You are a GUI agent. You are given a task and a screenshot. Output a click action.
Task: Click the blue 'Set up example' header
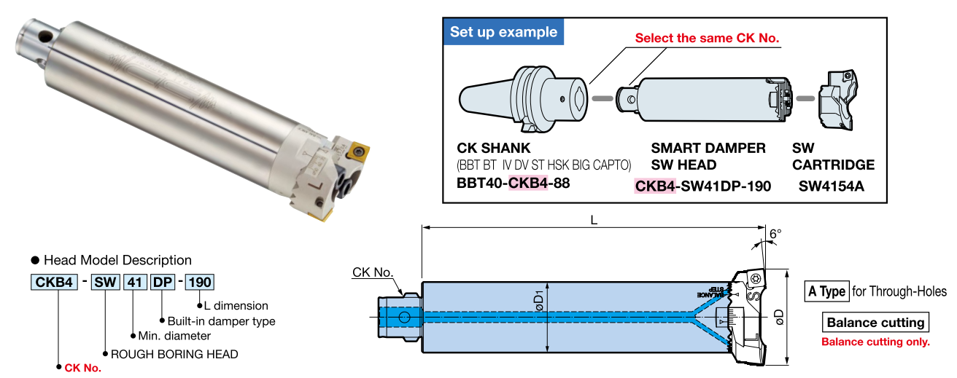503,32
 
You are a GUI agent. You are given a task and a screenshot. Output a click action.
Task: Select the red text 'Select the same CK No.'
707,38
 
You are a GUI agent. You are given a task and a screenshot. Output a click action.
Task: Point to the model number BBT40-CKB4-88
513,183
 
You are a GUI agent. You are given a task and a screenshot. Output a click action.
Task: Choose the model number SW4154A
831,186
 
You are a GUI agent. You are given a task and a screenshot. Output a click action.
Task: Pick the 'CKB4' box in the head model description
53,282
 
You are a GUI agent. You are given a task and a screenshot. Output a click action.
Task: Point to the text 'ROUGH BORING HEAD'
174,354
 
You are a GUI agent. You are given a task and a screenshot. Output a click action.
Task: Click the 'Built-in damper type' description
221,320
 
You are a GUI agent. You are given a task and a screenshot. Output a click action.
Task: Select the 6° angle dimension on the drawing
775,234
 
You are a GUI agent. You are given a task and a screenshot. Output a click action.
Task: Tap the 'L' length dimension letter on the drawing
594,220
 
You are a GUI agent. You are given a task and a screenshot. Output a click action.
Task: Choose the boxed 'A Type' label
826,292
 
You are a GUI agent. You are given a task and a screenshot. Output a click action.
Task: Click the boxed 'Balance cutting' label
875,323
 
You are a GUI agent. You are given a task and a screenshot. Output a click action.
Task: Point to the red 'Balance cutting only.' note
875,342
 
